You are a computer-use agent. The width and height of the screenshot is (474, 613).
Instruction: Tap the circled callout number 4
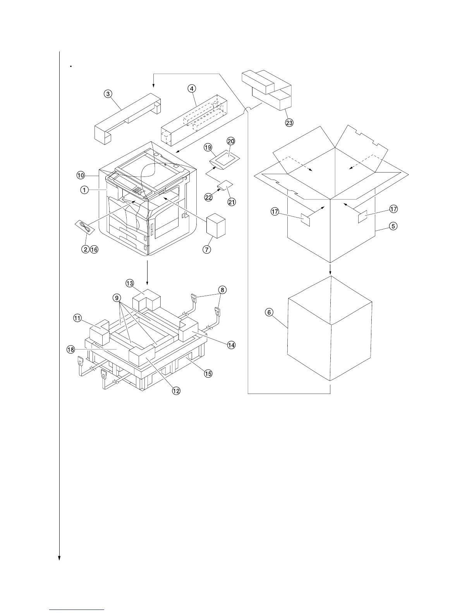click(x=191, y=88)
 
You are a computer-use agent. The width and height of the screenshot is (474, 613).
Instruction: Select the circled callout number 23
click(x=289, y=123)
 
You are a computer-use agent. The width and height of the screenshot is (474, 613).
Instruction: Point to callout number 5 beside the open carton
click(x=393, y=226)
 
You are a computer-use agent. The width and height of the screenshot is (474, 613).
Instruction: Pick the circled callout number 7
click(x=207, y=249)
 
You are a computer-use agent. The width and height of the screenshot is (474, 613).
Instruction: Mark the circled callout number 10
click(x=81, y=175)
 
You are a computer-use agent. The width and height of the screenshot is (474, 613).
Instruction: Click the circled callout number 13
click(x=130, y=284)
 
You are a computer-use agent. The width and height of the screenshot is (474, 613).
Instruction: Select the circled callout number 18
click(x=70, y=349)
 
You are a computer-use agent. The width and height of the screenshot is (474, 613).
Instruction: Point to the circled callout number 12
click(x=176, y=391)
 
